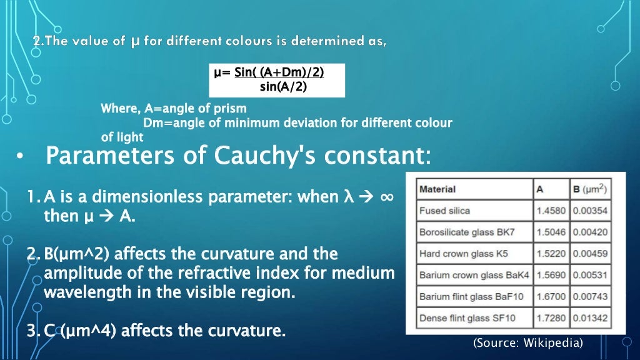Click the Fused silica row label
[444, 211]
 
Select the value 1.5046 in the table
[549, 232]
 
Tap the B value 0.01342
[590, 318]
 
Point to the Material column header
[437, 189]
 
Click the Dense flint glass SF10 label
[467, 318]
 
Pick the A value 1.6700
[549, 296]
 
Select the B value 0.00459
[590, 254]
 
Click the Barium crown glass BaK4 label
[474, 275]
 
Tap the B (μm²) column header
[590, 189]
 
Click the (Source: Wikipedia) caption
[527, 342]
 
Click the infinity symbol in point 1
[386, 197]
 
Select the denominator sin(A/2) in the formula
[283, 86]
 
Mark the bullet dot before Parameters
[21, 157]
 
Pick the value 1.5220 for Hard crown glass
[549, 254]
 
